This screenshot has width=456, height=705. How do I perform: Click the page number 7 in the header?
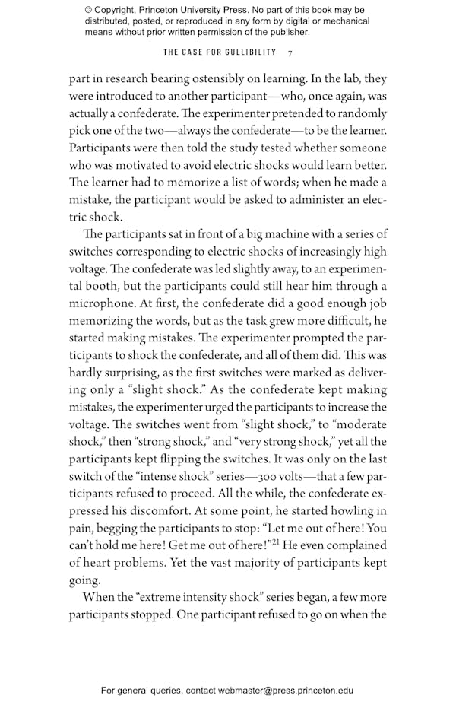click(x=290, y=52)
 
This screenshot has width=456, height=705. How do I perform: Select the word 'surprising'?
click(x=138, y=373)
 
